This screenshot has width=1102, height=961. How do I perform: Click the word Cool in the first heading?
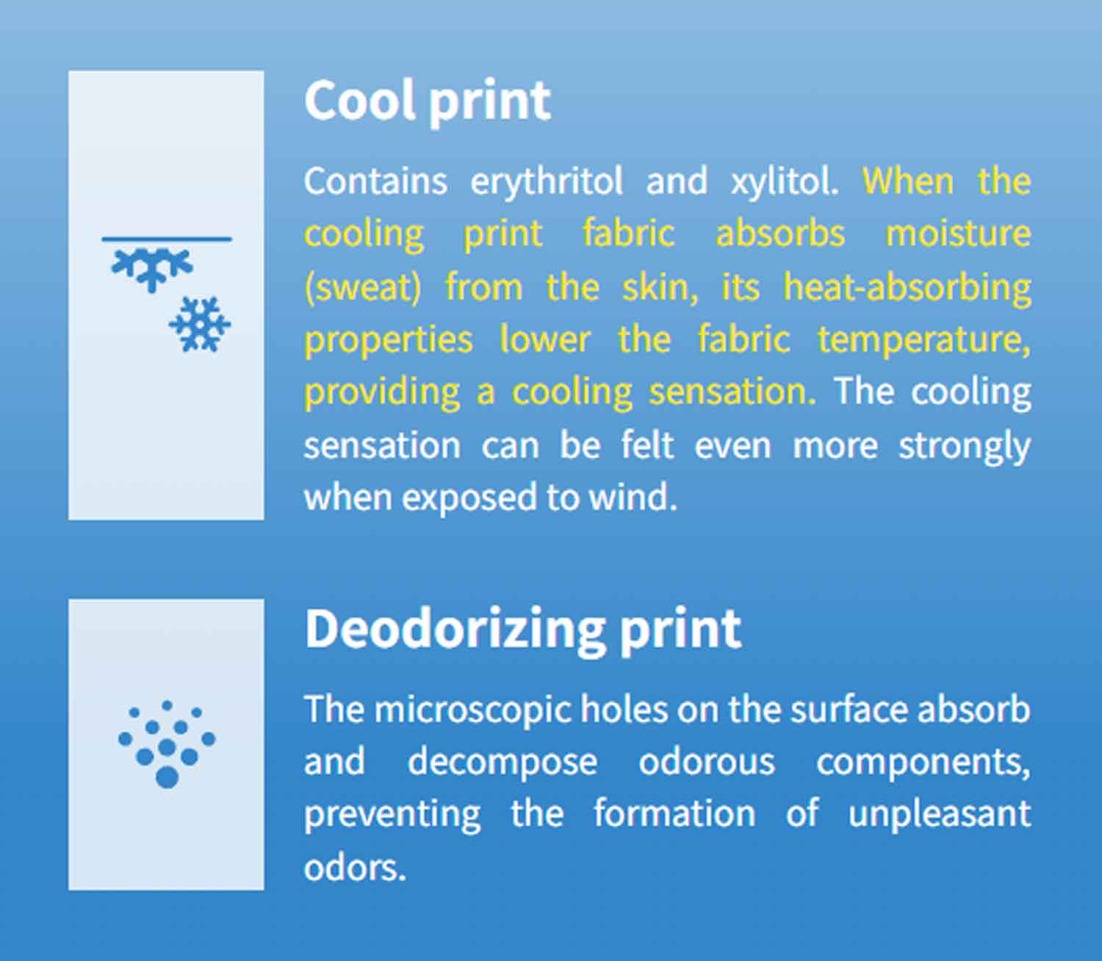point(360,100)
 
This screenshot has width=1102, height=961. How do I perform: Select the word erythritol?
point(547,181)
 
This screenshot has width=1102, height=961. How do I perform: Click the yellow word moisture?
point(958,233)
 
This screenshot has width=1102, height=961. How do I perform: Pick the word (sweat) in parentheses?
point(363,287)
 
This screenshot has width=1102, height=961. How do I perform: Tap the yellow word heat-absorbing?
point(907,287)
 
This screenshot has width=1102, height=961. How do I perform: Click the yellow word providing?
point(383,392)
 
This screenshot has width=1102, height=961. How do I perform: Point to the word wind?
point(633,497)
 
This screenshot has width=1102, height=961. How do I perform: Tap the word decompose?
point(503,763)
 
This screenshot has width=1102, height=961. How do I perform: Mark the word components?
point(923,763)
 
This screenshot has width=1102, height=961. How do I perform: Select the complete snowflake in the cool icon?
point(200,324)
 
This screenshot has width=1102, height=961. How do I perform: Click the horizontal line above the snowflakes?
point(167,239)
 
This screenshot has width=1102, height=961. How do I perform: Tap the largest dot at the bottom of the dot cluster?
point(167,778)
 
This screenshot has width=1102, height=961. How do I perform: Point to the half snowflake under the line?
point(152,268)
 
